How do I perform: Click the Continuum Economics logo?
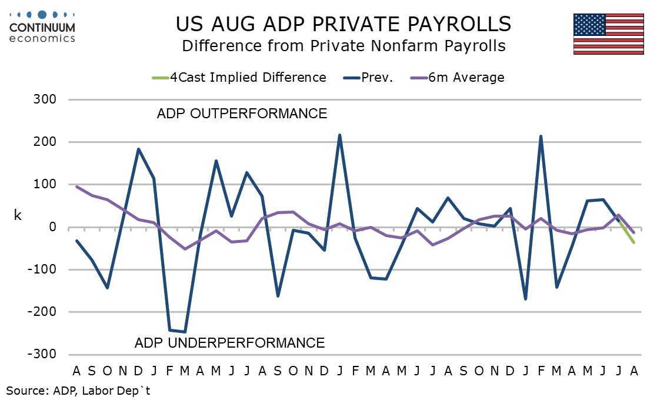click(x=42, y=26)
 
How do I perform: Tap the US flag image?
click(x=608, y=34)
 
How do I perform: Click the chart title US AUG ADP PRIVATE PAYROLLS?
click(x=343, y=24)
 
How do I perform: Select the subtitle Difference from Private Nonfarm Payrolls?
click(x=343, y=46)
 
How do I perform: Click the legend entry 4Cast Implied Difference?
click(x=239, y=78)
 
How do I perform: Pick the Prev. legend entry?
click(x=368, y=78)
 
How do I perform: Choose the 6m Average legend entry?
click(x=457, y=78)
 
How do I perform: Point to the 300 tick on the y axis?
click(x=45, y=99)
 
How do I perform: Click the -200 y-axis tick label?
click(x=42, y=312)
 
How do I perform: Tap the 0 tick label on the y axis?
click(x=52, y=227)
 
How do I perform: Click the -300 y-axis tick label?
click(x=42, y=354)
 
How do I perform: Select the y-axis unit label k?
click(x=18, y=215)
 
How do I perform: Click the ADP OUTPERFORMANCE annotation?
click(x=242, y=114)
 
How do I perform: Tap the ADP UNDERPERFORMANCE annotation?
click(x=230, y=343)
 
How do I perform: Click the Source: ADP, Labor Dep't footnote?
click(x=78, y=391)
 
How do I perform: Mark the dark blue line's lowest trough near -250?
click(x=185, y=332)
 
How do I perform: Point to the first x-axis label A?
click(x=76, y=371)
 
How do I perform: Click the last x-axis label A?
click(x=634, y=371)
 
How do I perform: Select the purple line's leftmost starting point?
click(x=76, y=186)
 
